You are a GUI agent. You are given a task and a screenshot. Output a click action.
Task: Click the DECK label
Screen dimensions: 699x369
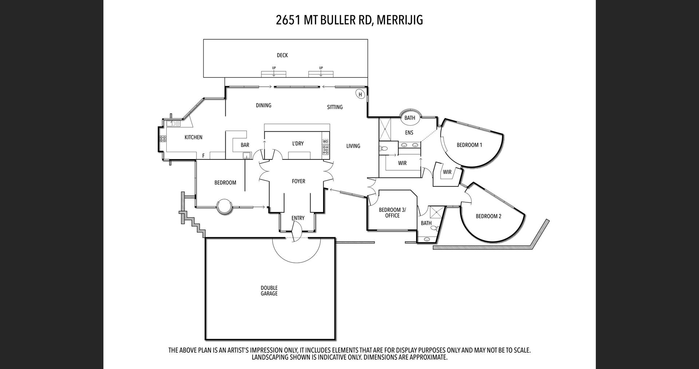282,55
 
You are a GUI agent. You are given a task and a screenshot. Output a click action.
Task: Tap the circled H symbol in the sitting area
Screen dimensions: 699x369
360,95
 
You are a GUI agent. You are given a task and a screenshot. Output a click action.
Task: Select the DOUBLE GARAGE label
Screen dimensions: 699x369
269,291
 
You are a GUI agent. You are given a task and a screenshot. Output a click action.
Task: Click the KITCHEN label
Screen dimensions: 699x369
193,137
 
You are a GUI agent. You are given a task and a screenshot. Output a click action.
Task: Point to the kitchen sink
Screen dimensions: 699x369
174,123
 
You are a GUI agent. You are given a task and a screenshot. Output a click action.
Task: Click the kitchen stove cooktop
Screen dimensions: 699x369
163,139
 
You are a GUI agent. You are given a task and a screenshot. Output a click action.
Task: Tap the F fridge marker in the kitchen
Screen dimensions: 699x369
204,156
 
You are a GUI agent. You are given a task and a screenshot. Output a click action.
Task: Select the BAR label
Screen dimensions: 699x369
245,145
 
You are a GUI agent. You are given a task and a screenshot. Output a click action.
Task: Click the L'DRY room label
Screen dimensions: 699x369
298,143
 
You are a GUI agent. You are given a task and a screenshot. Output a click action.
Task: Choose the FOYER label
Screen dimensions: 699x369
299,181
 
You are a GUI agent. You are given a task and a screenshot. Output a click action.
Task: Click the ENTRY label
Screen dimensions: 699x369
298,218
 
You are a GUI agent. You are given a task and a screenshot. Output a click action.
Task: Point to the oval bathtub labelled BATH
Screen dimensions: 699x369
410,117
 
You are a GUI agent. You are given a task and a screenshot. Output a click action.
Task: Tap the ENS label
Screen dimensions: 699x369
409,133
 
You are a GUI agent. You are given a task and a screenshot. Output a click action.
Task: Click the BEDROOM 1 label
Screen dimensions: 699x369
469,145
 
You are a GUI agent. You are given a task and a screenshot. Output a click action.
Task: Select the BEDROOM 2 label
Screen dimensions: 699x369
489,216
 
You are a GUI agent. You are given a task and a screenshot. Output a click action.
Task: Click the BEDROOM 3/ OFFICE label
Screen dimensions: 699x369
392,213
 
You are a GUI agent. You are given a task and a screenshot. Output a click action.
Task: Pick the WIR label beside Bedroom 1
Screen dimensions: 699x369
447,172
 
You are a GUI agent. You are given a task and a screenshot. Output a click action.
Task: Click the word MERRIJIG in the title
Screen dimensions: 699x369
400,20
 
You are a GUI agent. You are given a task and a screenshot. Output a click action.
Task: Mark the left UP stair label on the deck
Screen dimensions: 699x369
274,68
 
